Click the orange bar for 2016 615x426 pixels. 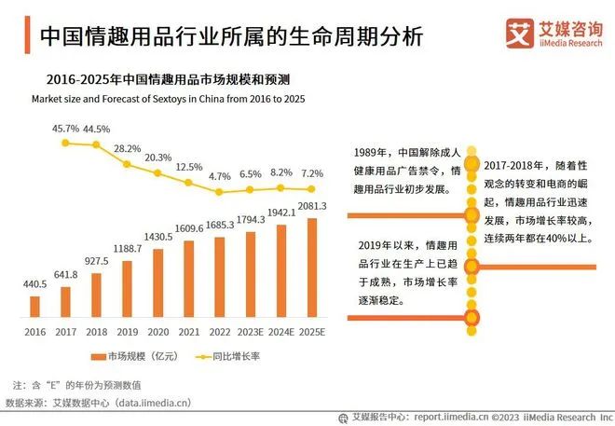[x=35, y=307]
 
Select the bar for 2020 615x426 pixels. [x=157, y=283]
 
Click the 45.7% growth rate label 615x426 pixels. [x=65, y=128]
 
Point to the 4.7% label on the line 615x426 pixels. [x=219, y=176]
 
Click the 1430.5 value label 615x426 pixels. [x=157, y=238]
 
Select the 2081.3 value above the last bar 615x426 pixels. [x=311, y=206]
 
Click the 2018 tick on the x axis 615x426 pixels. [x=96, y=331]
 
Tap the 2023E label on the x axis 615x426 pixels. [x=251, y=331]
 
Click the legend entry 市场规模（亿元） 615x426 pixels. [x=130, y=357]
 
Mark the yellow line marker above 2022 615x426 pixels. [x=219, y=192]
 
